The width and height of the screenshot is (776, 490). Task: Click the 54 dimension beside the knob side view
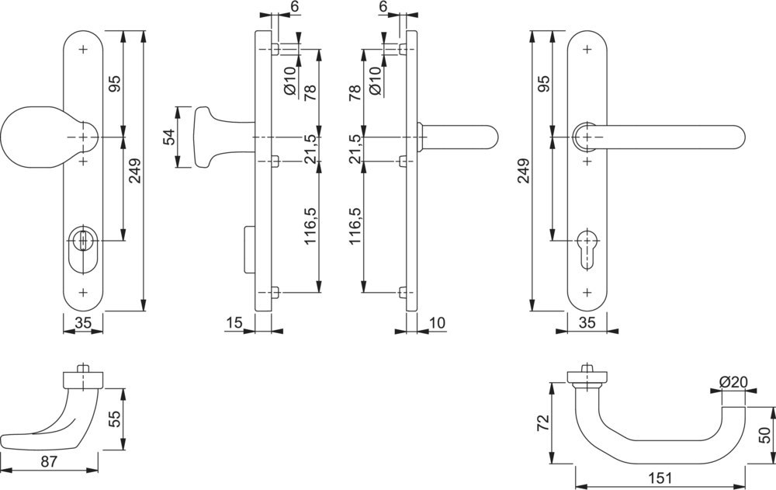167,137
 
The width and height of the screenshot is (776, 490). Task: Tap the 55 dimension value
113,420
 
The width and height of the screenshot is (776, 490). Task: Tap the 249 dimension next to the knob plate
134,171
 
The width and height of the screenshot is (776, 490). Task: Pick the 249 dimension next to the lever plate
522,171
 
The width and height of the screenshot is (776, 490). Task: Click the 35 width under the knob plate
83,322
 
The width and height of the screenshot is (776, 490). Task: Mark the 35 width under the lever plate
587,321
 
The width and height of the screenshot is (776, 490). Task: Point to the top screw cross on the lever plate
587,49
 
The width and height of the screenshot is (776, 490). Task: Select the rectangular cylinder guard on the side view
249,248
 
